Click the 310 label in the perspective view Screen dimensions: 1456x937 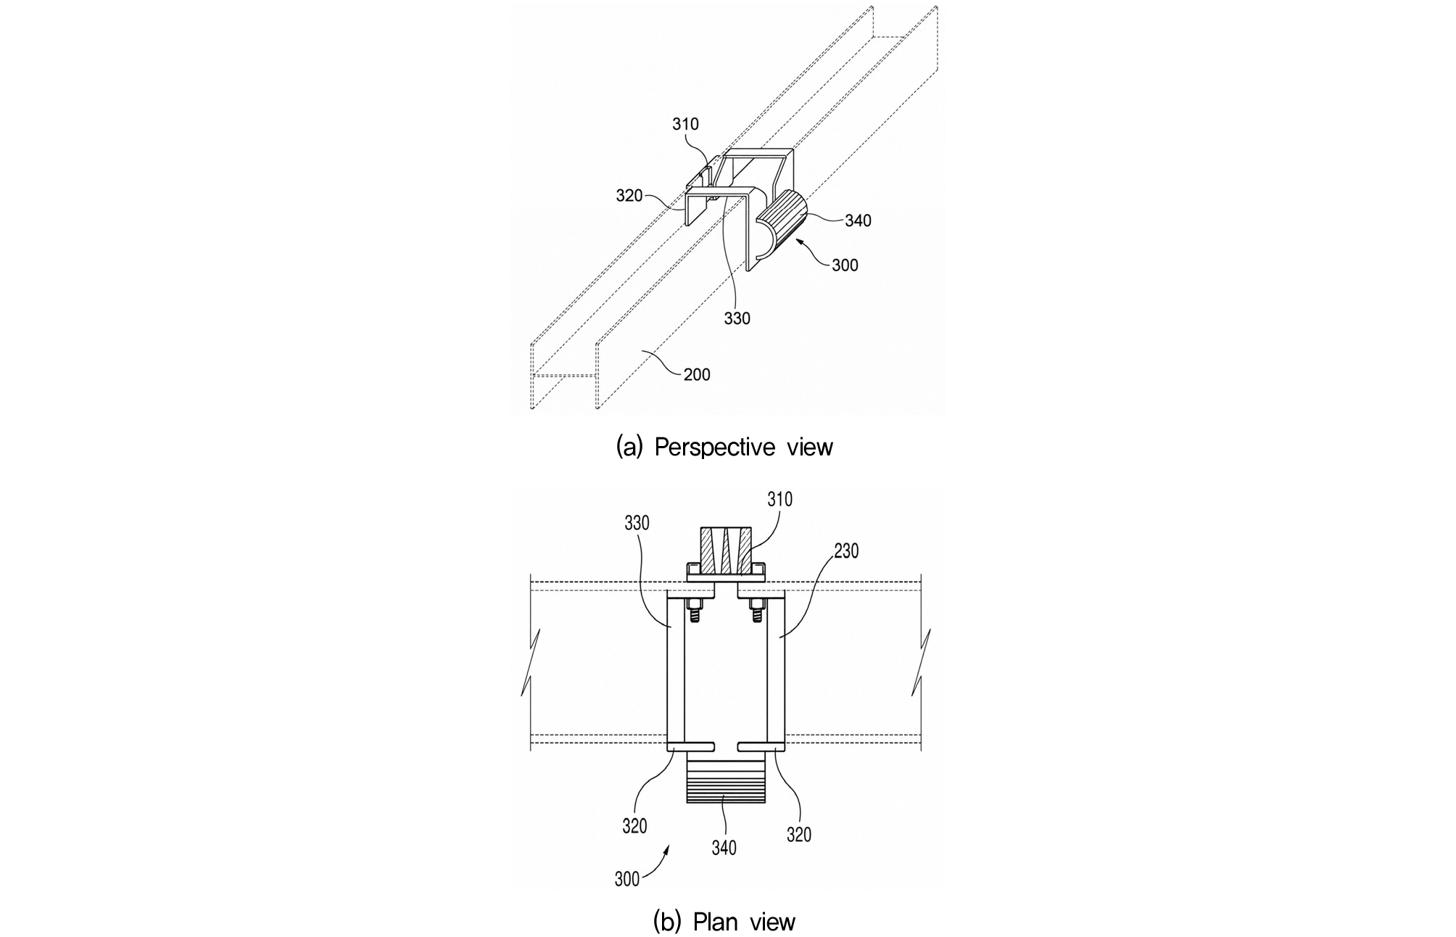click(x=685, y=124)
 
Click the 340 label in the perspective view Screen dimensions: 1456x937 click(x=858, y=220)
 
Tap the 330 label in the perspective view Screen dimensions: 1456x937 click(x=737, y=318)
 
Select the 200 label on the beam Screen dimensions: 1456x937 click(x=697, y=374)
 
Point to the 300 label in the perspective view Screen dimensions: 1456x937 click(x=845, y=265)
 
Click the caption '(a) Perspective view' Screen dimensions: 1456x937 click(x=724, y=447)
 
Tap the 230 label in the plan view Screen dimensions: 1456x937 click(x=845, y=551)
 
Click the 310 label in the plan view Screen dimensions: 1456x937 click(x=779, y=500)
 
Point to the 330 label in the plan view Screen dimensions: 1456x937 click(x=637, y=523)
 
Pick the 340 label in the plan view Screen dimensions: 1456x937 click(x=724, y=847)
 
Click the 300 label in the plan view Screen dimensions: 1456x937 click(x=627, y=879)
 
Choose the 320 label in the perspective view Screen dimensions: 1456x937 click(x=629, y=196)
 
